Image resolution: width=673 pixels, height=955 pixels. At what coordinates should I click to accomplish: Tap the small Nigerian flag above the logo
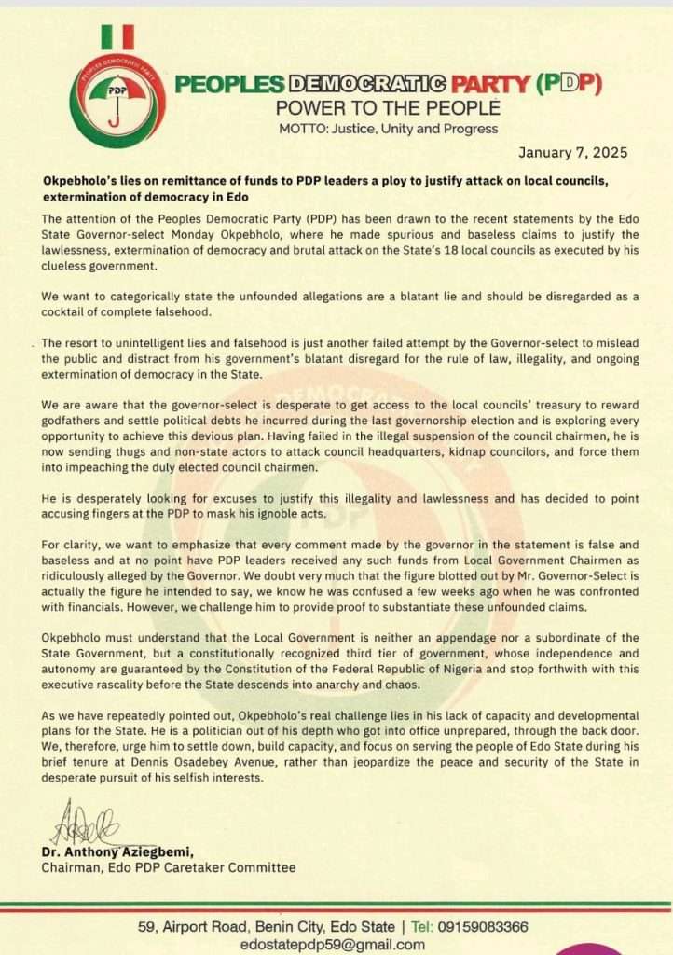click(117, 36)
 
